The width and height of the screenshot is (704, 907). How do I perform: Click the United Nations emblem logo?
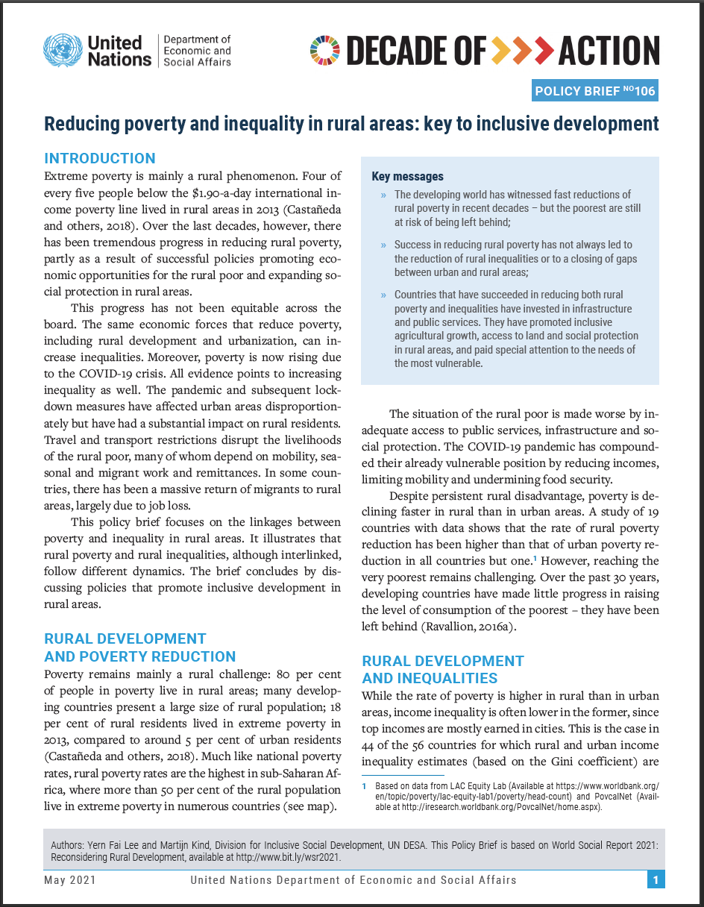point(63,50)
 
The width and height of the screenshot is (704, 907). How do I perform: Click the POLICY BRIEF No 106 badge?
point(595,91)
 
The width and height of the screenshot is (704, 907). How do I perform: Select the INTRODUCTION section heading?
point(100,158)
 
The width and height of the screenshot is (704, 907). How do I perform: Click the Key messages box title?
point(407,177)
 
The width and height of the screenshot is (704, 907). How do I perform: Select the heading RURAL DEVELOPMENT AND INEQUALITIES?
point(443,669)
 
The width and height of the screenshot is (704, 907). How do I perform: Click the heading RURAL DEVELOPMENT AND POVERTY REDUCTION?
point(139,647)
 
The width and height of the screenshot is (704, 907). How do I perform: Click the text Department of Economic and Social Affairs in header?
point(197,50)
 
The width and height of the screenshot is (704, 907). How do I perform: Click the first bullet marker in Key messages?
point(383,195)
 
